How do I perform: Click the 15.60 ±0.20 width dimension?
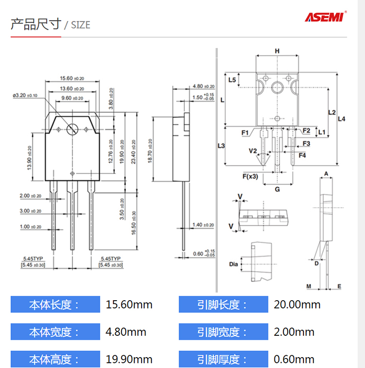tap(72, 78)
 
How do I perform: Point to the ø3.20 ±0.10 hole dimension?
tap(25, 95)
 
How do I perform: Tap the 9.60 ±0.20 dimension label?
tap(72, 98)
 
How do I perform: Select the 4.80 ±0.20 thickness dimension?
tap(203, 86)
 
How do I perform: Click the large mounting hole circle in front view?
tap(73, 129)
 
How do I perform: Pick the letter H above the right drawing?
tap(277, 51)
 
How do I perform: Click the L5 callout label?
tap(232, 80)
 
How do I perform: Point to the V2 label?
tap(253, 151)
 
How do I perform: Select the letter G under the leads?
tap(277, 189)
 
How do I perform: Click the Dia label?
tap(233, 264)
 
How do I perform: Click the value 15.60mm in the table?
tap(129, 304)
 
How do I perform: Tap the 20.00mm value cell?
tap(297, 304)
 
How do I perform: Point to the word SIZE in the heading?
tap(80, 25)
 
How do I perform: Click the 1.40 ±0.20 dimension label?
tap(203, 225)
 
